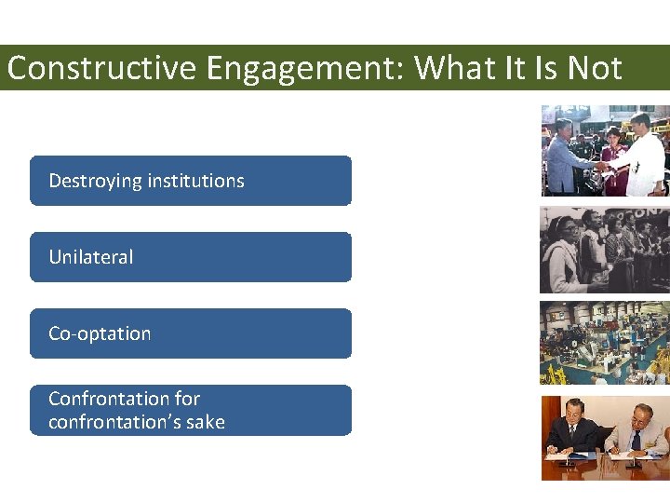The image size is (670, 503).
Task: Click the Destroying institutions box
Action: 191,181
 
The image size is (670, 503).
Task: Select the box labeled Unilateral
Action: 191,257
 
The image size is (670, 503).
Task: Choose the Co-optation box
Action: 191,333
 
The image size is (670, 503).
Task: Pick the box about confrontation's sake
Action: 191,410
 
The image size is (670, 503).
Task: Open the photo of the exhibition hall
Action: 605,342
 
